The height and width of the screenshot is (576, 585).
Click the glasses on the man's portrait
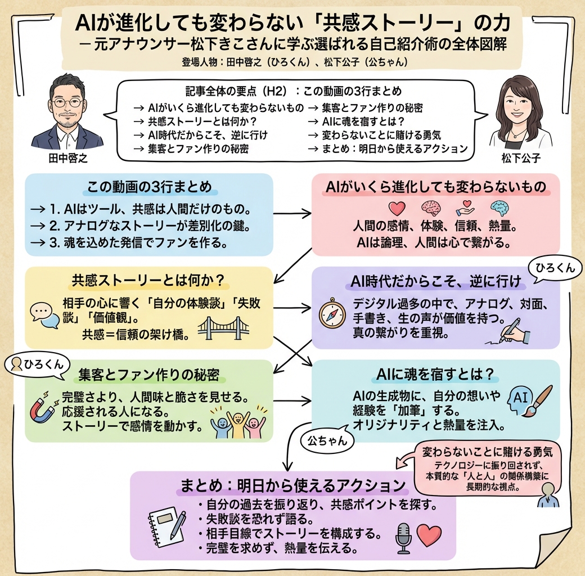point(67,103)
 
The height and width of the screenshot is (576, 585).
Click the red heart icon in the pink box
point(397,208)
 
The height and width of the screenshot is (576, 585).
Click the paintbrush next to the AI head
point(537,399)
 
